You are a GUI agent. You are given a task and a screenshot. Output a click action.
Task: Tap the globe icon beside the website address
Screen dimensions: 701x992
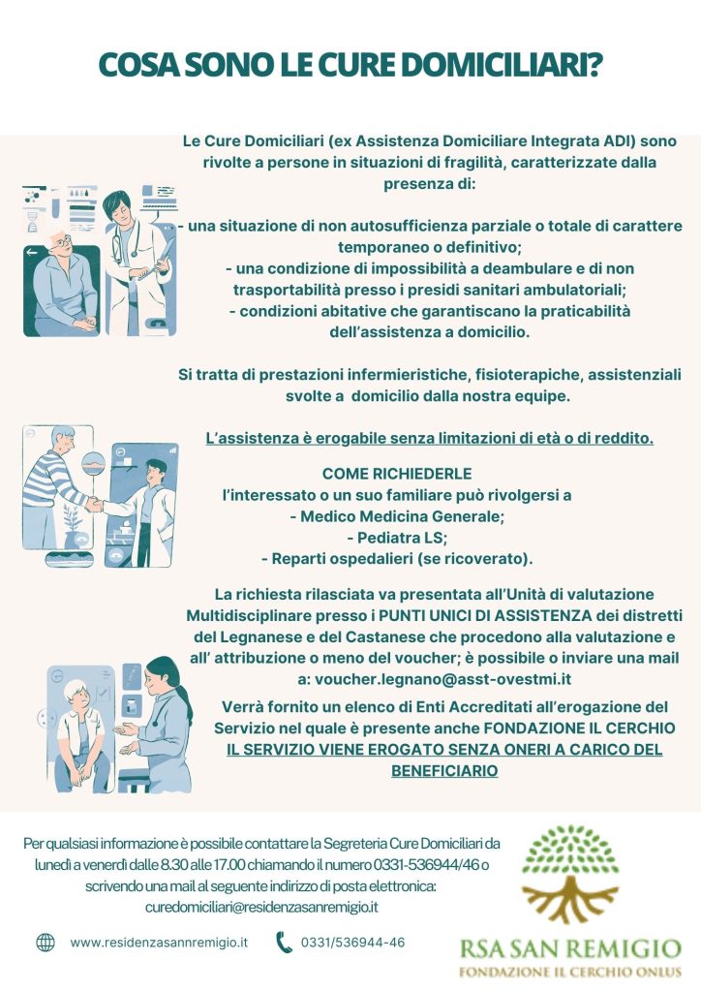46,943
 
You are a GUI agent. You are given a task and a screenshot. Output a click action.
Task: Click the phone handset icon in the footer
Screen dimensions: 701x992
285,943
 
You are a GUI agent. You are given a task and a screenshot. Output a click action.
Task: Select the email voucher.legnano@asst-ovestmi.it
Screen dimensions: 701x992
443,679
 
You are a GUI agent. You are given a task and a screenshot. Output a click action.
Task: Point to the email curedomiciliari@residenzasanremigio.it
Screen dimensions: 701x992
261,907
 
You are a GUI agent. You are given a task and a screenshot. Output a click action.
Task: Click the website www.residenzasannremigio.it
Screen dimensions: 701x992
159,942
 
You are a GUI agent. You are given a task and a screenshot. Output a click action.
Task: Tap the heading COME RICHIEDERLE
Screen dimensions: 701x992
397,473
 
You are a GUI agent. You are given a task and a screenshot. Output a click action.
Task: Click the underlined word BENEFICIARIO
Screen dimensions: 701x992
444,770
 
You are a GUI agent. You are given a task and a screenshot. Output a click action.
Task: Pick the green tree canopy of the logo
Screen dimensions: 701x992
571,849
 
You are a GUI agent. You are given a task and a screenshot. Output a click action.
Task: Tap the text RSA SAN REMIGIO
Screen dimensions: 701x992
570,948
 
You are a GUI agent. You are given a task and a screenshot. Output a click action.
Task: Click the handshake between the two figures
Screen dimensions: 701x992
95,504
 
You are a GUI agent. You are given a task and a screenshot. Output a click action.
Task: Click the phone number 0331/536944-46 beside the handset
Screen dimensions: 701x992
352,942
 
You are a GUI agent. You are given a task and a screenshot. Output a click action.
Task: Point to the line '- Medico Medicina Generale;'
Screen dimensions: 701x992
397,516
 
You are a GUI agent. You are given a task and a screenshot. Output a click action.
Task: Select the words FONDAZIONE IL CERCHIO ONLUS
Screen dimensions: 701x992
570,972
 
